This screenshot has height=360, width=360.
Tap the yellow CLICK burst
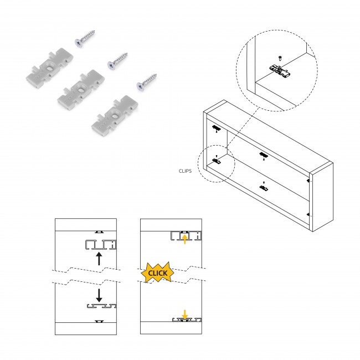point(158,273)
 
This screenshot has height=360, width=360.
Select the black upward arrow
point(99,258)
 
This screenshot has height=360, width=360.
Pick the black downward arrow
point(99,295)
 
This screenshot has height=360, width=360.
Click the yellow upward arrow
point(184,238)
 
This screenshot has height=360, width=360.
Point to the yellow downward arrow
point(184,314)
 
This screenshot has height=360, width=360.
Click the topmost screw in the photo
point(85,40)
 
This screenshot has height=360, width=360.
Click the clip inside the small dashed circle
point(217,162)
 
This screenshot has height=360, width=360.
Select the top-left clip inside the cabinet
point(216,129)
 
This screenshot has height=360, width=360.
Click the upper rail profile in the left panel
point(100,244)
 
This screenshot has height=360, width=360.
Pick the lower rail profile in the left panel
point(100,305)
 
